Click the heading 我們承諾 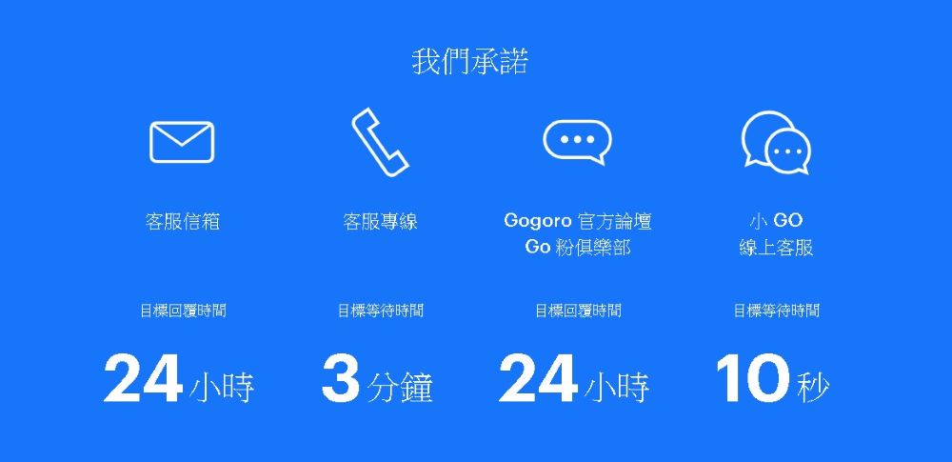pos(470,63)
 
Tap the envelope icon pos(182,142)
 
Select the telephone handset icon pos(379,142)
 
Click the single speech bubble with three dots pos(577,142)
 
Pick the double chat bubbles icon pos(776,144)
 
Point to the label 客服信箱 pos(183,222)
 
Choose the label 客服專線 pos(380,222)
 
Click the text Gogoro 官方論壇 pos(578,222)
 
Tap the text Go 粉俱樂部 pos(578,248)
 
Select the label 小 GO pos(776,221)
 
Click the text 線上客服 pos(776,248)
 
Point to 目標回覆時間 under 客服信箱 pos(183,311)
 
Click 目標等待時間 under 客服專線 pos(380,311)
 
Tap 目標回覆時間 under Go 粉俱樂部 pos(578,311)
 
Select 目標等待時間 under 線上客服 pos(776,311)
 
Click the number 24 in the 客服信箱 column pos(143,378)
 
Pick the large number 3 pos(341,378)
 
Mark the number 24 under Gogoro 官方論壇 pos(538,378)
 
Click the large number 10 pos(752,378)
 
